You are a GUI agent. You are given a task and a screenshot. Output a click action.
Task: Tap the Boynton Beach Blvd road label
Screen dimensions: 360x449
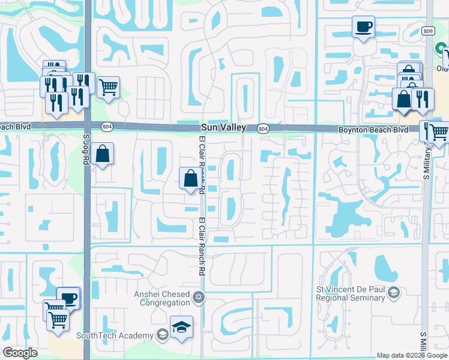(x=373, y=129)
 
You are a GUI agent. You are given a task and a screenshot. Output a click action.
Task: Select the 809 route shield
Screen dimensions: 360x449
(x=427, y=31)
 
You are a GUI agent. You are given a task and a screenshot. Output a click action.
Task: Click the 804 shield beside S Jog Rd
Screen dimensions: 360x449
(x=107, y=127)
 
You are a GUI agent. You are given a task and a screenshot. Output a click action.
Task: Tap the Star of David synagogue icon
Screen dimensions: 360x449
(x=199, y=298)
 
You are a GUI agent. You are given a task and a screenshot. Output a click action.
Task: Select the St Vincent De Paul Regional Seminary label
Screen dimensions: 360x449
(x=351, y=294)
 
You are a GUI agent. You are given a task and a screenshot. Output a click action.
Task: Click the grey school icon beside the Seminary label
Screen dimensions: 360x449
(x=394, y=292)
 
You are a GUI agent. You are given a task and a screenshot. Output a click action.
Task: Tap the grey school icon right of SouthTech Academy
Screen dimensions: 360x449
(x=161, y=335)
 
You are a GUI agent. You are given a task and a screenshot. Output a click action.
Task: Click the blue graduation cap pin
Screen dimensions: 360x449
(x=181, y=327)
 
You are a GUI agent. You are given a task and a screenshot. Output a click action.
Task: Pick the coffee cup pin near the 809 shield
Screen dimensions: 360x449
(x=363, y=27)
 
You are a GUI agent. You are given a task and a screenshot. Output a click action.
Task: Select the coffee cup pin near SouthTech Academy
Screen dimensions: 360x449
(x=68, y=298)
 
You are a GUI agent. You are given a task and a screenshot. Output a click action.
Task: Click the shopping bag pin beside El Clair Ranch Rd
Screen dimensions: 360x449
(x=190, y=178)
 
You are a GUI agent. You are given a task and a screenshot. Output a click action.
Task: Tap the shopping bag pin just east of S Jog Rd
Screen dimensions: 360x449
(x=103, y=154)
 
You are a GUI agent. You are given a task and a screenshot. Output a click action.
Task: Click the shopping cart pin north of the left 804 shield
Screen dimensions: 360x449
(x=108, y=88)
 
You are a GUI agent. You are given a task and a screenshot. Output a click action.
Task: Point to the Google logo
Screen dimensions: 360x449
(x=20, y=353)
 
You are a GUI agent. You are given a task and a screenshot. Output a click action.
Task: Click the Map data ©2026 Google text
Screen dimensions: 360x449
(x=412, y=355)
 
